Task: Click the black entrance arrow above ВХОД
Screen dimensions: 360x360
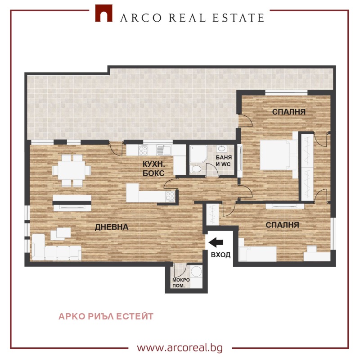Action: tap(216, 243)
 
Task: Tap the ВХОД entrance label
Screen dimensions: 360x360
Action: tap(220, 255)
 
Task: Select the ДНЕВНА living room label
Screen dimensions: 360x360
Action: tap(112, 227)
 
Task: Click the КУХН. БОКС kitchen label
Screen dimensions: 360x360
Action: tap(153, 169)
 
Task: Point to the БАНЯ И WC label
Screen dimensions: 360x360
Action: tap(224, 161)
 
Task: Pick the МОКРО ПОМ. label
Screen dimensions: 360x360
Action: tap(181, 283)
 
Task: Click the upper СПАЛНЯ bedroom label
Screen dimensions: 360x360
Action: tap(289, 112)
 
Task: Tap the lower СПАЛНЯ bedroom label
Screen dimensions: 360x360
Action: tap(282, 224)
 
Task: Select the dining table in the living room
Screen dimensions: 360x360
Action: tap(72, 170)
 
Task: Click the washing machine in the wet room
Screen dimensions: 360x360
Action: tap(196, 272)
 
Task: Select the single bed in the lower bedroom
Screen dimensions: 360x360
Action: tap(258, 254)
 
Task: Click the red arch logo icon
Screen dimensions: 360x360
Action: tap(104, 14)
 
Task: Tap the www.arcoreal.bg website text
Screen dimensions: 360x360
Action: tap(180, 348)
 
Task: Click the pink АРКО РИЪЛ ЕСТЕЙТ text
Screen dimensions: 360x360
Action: tap(106, 316)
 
